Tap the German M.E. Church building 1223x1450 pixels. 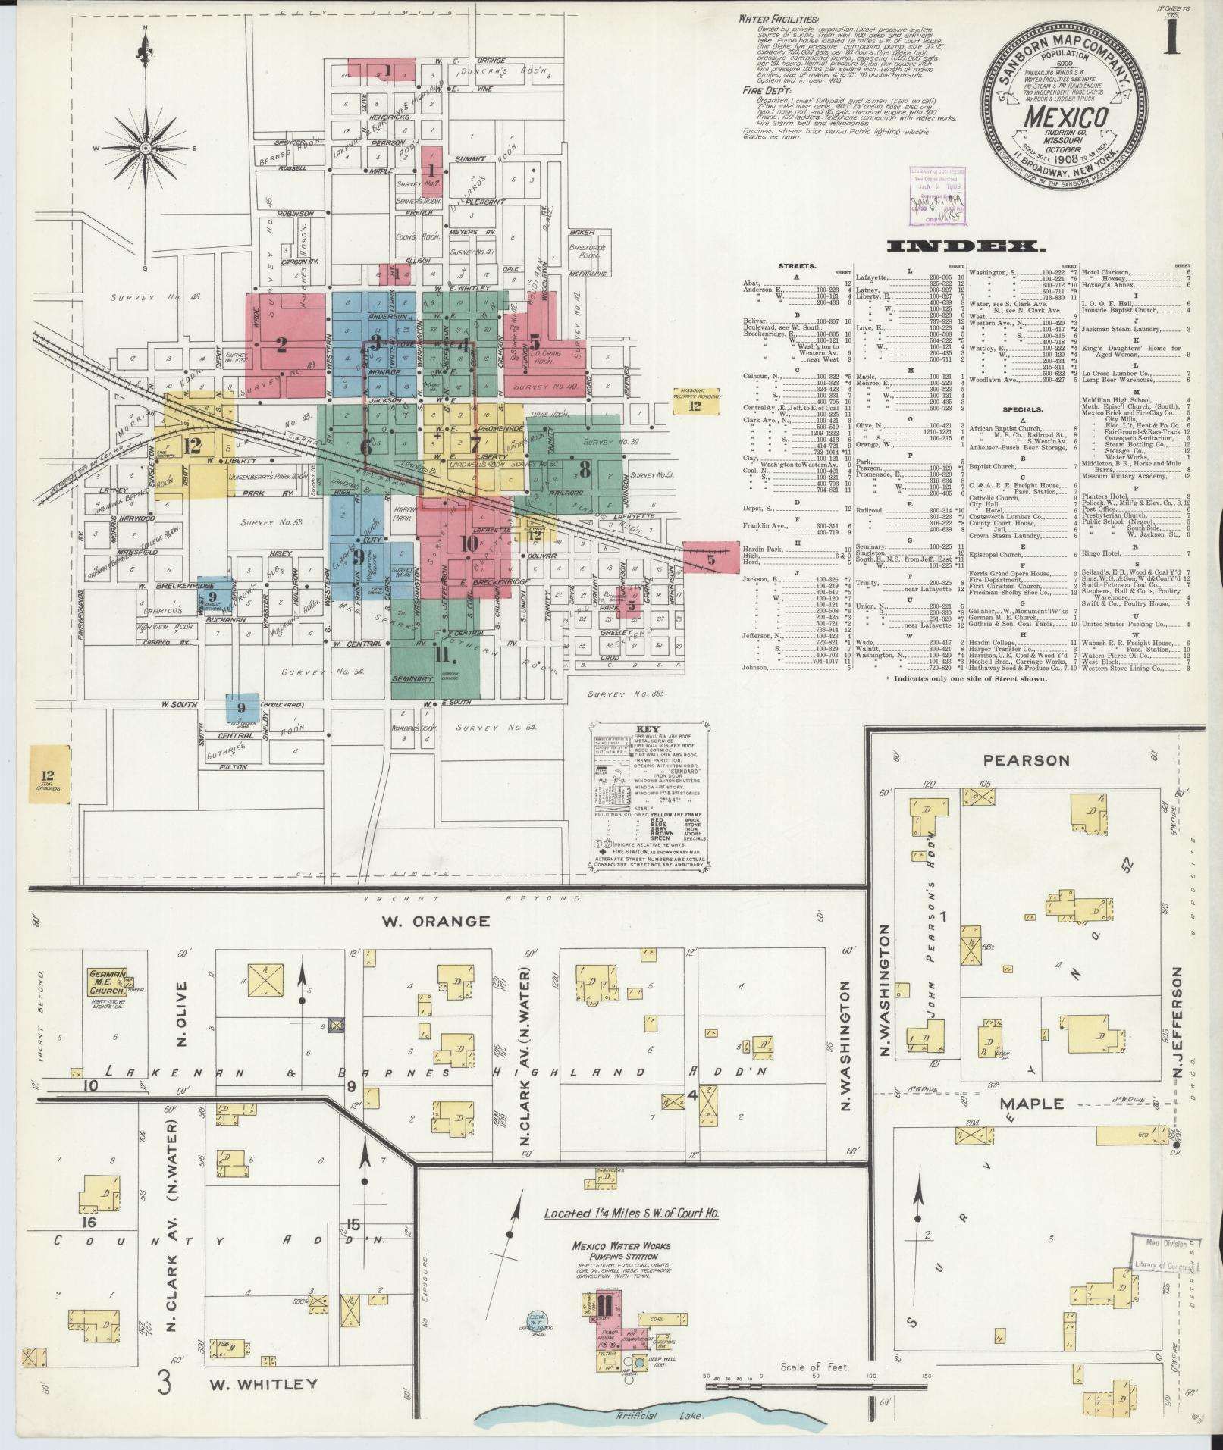106,983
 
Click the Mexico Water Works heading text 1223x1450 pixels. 622,1245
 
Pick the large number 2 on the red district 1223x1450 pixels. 281,346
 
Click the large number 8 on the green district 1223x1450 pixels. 584,470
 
